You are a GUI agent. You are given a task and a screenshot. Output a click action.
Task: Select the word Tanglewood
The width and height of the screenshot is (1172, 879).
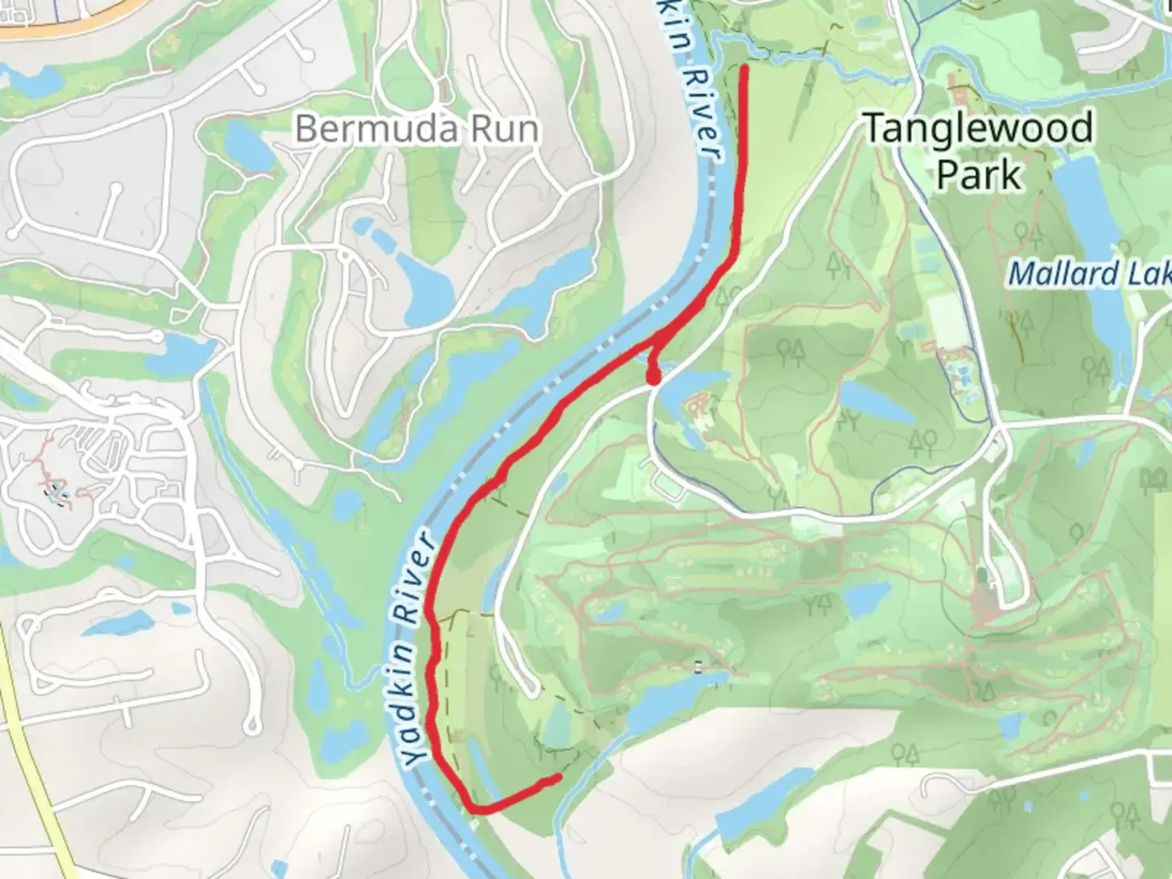pos(977,129)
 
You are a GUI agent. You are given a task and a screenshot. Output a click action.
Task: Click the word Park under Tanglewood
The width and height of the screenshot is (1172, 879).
pos(978,174)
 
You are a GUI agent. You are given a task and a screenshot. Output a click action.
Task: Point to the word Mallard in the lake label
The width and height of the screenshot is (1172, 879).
pos(1063,274)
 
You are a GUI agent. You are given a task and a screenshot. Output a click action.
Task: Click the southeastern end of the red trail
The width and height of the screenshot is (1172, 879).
pos(558,779)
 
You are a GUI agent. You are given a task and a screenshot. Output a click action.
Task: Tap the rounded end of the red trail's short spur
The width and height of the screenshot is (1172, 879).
pos(653,378)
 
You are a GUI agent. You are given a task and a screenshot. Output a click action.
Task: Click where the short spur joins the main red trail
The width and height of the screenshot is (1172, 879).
pos(661,342)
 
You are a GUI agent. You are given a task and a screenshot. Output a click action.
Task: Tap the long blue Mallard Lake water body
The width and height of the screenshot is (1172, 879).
pos(1099,309)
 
